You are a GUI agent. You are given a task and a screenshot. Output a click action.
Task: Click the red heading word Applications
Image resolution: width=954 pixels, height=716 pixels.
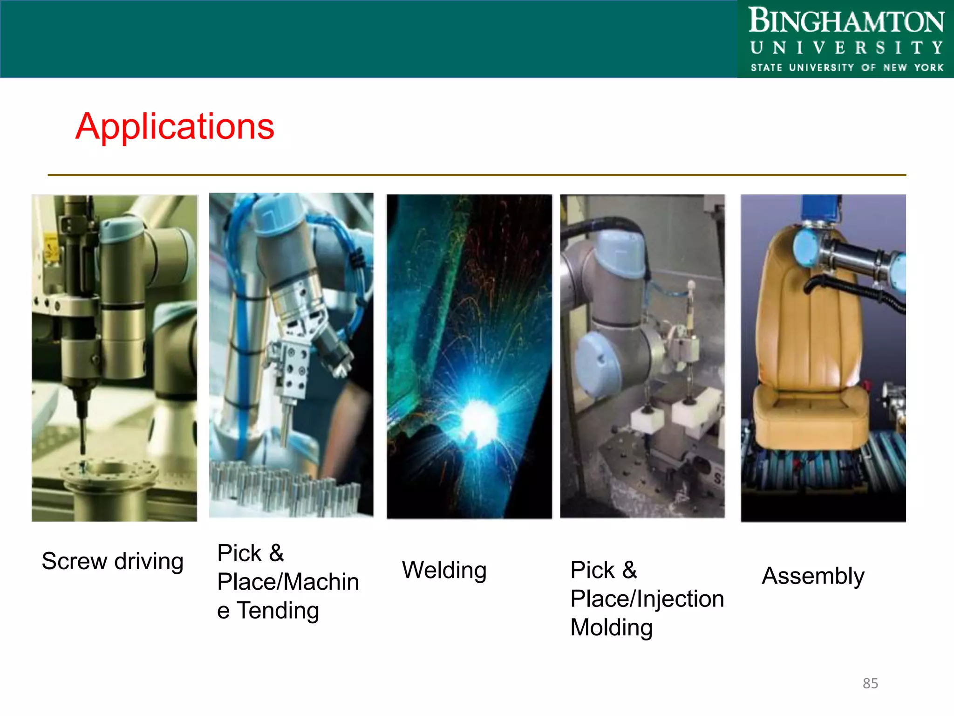(x=175, y=127)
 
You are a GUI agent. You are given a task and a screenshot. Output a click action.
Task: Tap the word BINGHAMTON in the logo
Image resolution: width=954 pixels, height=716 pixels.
(x=846, y=21)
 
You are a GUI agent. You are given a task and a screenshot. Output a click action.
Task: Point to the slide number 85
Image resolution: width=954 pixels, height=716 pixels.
(x=870, y=683)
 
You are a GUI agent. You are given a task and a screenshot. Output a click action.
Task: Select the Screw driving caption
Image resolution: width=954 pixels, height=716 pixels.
(x=112, y=561)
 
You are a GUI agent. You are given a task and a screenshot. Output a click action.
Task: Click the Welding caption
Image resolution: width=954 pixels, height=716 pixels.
(x=444, y=570)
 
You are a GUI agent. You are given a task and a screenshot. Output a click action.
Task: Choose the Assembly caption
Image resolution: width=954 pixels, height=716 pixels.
(x=813, y=576)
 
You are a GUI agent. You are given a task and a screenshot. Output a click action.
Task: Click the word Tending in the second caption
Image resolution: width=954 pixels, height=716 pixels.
(x=278, y=611)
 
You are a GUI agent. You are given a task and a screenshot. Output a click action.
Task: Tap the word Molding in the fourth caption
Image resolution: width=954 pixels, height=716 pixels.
(x=611, y=627)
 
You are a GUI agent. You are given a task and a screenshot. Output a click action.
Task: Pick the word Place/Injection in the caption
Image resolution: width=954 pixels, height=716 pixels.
(x=647, y=599)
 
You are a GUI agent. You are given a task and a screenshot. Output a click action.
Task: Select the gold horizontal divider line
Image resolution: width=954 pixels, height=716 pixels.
(x=477, y=175)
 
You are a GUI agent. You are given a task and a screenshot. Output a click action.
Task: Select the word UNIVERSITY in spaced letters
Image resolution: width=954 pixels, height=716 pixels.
(x=846, y=48)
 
